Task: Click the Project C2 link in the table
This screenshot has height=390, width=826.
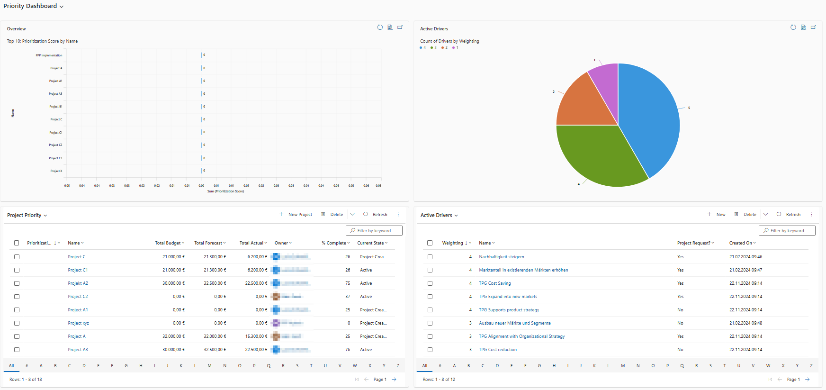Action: (78, 297)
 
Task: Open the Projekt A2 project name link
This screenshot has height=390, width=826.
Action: (78, 283)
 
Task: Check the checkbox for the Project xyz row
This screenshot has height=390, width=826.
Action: (17, 323)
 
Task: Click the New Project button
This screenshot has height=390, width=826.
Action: (296, 215)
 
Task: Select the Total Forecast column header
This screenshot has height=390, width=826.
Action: (208, 243)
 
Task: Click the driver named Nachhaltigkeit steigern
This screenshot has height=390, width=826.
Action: (501, 257)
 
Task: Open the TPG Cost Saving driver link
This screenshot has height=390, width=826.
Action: (494, 283)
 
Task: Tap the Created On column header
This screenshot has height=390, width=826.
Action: (740, 243)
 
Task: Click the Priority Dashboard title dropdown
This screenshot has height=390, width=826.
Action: (33, 6)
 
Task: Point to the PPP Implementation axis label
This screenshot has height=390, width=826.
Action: (49, 55)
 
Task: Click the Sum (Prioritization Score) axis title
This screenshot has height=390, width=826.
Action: (225, 191)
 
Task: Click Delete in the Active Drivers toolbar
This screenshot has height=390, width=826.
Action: (746, 215)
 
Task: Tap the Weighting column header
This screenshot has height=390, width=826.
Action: (452, 243)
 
